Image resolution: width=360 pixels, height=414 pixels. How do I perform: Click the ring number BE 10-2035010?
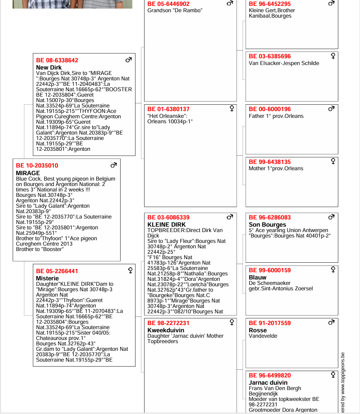point(37,166)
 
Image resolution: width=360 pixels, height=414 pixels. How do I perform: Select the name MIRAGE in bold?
point(28,173)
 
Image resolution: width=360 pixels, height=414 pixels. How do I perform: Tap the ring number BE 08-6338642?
point(57,60)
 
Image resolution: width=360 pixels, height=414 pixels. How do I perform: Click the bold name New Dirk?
point(49,68)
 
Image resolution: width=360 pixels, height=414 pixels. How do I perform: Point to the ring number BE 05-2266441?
point(57,271)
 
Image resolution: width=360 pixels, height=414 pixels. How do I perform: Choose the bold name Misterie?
point(47,279)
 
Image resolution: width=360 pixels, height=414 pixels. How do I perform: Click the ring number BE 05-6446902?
point(168,4)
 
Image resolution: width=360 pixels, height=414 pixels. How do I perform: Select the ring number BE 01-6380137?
point(168,109)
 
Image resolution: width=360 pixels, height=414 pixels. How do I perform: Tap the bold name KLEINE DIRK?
point(167,224)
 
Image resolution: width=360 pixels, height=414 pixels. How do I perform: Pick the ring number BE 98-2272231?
point(168,323)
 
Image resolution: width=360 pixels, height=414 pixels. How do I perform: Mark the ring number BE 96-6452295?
point(270,4)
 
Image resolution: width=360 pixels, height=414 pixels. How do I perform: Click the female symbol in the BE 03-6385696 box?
point(333,56)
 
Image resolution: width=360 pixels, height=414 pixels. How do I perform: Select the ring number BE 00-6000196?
point(270,109)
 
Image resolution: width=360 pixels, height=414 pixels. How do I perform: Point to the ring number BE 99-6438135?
point(270,162)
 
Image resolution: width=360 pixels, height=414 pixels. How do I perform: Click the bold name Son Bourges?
point(267,224)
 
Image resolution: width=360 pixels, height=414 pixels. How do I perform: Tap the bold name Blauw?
point(257,277)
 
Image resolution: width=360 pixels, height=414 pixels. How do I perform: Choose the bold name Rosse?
point(258,330)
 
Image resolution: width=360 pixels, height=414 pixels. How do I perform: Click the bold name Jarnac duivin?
point(268,382)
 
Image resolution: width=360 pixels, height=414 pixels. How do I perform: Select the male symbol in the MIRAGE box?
point(114,165)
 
